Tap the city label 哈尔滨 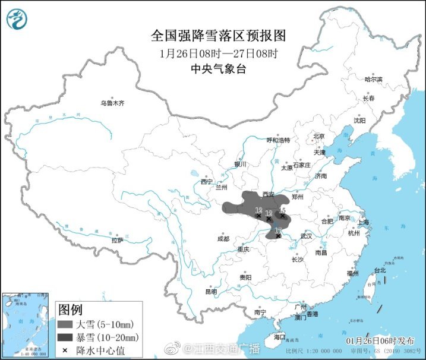[373, 79]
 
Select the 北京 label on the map [319, 136]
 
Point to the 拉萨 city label [117, 241]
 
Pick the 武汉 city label [306, 236]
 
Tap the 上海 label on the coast [364, 222]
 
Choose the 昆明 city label [211, 292]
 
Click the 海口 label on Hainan [280, 337]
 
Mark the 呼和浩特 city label [277, 140]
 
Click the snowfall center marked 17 [278, 236]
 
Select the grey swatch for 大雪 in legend [65, 325]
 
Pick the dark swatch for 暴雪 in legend [65, 338]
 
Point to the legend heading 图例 [70, 310]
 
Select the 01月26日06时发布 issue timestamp [380, 342]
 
